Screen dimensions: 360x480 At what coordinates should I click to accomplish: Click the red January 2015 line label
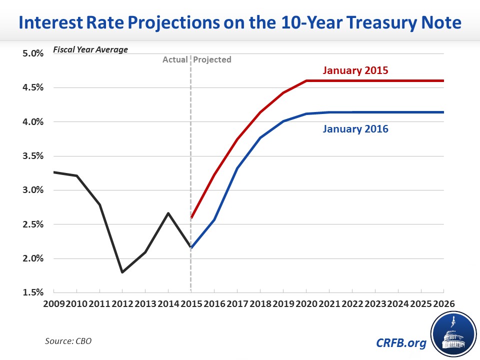[355, 70]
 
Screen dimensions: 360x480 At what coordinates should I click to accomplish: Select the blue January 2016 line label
[355, 129]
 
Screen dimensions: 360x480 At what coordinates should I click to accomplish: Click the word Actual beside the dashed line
[175, 59]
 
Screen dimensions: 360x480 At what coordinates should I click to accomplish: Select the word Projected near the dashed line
[212, 59]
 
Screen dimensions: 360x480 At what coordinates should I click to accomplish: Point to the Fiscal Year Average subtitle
[84, 49]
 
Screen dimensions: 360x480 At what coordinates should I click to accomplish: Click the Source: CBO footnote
[68, 341]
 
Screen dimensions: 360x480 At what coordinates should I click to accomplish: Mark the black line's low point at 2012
[122, 272]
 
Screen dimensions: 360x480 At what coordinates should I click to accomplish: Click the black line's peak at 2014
[168, 213]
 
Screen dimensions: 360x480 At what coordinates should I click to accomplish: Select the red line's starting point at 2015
[191, 217]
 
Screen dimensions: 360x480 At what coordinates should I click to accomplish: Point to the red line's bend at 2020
[306, 81]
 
